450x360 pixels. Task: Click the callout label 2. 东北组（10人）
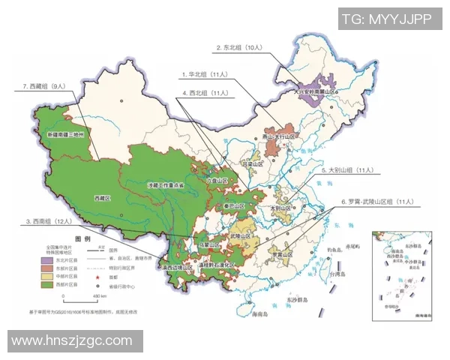point(238,47)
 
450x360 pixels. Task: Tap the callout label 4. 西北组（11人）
point(205,94)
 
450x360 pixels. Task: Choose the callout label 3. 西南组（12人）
point(51,222)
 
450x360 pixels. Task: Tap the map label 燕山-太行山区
point(280,137)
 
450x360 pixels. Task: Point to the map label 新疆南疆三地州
point(69,135)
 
